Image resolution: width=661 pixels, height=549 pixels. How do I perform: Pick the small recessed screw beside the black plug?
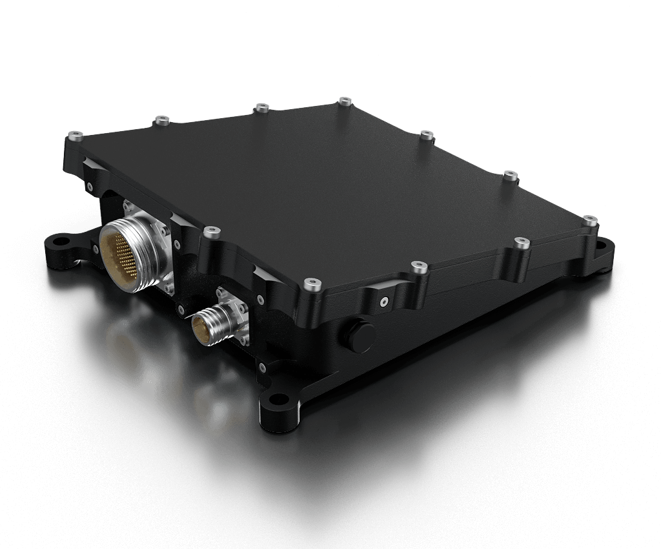384,301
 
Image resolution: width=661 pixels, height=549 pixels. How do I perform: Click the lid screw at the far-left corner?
77,136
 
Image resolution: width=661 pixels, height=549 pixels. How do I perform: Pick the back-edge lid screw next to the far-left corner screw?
162,119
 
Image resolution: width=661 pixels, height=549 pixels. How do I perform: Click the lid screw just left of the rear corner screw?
261,108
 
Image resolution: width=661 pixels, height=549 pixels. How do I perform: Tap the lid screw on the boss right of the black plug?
419,265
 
